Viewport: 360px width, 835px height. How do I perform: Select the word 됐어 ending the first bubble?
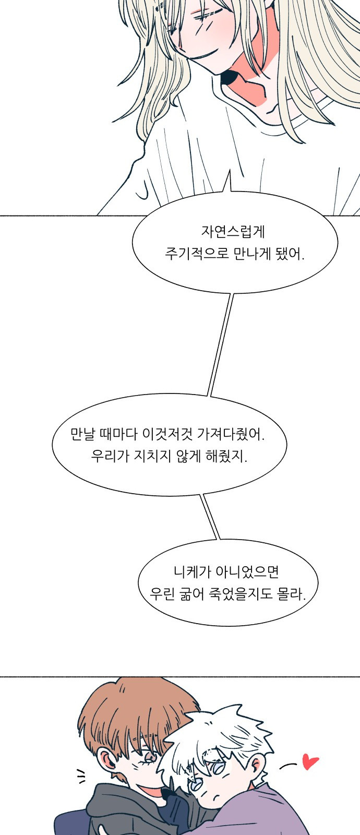[x=290, y=255]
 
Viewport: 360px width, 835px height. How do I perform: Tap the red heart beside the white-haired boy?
[x=310, y=762]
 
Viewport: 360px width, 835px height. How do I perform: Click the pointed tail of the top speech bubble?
[x=227, y=183]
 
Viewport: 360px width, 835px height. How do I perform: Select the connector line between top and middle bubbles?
[x=220, y=344]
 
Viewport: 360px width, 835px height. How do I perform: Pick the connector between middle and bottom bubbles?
[x=211, y=517]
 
